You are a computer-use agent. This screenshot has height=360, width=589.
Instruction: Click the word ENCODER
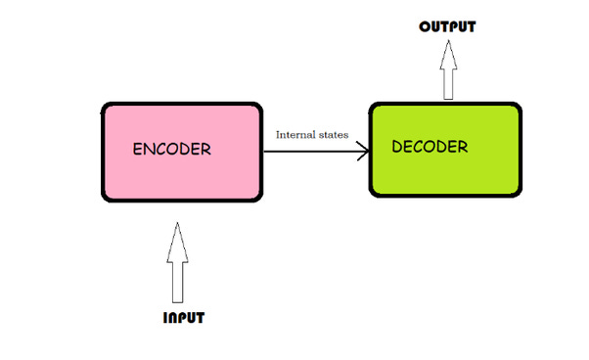click(x=172, y=150)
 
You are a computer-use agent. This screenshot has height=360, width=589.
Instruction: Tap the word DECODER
click(x=430, y=148)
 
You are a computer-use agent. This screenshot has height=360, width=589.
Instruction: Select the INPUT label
click(x=184, y=318)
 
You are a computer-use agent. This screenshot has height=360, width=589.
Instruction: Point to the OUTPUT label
click(x=447, y=26)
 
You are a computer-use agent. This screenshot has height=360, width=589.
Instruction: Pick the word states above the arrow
click(x=334, y=134)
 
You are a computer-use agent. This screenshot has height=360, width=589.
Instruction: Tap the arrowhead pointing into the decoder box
click(x=363, y=151)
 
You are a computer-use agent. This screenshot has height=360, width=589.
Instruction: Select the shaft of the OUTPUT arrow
click(x=448, y=82)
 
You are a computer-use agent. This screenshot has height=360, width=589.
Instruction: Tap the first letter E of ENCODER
click(x=138, y=150)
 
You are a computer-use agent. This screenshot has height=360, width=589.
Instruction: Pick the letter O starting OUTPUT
click(x=425, y=26)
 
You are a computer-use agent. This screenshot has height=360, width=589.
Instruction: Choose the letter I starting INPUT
click(x=165, y=318)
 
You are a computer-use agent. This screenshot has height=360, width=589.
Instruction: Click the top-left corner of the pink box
click(x=105, y=104)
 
